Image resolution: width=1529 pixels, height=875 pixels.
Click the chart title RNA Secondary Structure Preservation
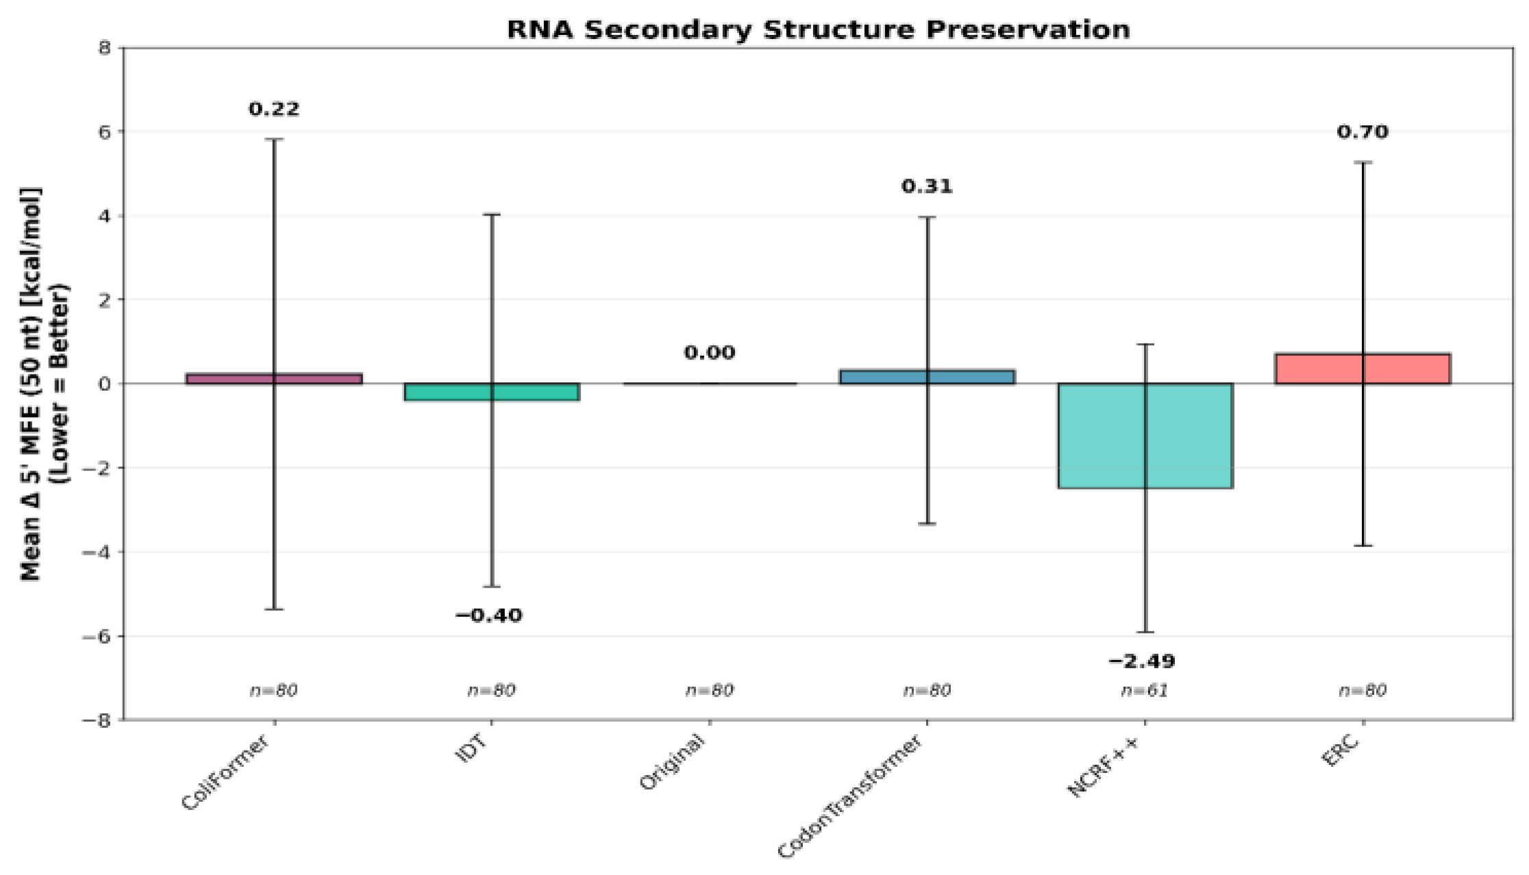tap(818, 30)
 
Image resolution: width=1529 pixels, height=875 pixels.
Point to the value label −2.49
tap(1142, 661)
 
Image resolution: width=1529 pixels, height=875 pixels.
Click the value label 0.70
tap(1363, 131)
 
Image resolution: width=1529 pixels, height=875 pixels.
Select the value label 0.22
tap(274, 109)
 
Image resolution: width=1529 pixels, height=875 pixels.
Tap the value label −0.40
tap(488, 616)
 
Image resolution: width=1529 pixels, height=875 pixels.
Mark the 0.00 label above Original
tap(709, 353)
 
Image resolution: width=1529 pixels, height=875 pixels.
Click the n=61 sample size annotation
tap(1145, 690)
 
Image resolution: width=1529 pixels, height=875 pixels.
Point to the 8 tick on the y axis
tap(104, 48)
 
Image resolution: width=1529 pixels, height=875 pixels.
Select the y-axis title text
tap(45, 383)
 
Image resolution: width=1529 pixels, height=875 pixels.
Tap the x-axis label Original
tap(672, 762)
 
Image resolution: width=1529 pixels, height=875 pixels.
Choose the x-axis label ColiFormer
tap(225, 774)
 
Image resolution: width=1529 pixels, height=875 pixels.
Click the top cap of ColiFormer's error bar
tap(274, 139)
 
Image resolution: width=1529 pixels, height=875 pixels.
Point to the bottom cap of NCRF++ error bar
tap(1145, 632)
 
